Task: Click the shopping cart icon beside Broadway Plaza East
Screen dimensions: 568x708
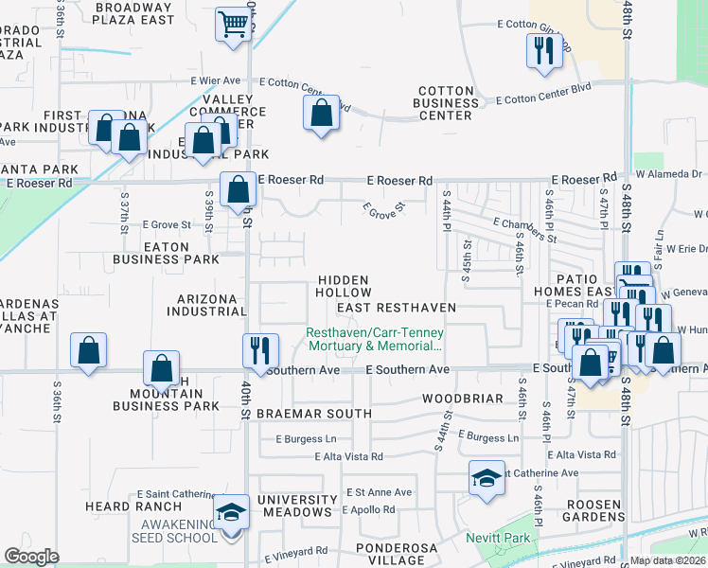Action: coord(232,25)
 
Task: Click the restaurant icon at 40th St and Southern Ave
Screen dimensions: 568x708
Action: coord(258,350)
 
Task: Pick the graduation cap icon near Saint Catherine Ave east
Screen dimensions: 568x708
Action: coord(487,478)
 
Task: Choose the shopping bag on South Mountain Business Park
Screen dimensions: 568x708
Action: coord(161,368)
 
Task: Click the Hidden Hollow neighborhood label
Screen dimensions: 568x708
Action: coord(344,286)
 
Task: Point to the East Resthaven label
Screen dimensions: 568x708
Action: coord(396,308)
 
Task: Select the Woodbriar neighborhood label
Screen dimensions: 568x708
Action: coord(463,399)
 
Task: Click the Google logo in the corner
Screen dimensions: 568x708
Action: coord(31,557)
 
